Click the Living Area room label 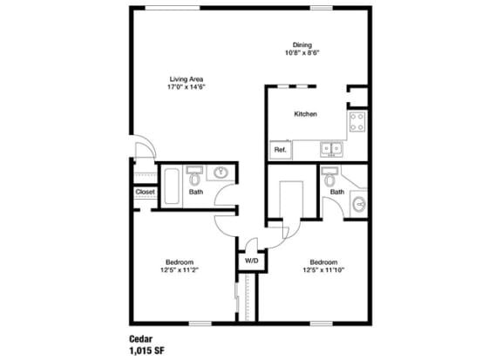(x=187, y=79)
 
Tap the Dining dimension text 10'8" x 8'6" (x=302, y=53)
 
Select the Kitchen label (x=305, y=114)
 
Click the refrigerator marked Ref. (x=281, y=150)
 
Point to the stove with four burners (x=357, y=121)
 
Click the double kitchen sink (x=331, y=149)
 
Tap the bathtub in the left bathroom (x=172, y=186)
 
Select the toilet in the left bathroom (x=194, y=176)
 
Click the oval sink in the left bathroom (x=220, y=173)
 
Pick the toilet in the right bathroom (x=329, y=177)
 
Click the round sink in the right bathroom (x=359, y=204)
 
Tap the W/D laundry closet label (x=252, y=261)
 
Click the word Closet (x=145, y=192)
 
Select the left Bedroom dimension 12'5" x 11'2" (x=180, y=270)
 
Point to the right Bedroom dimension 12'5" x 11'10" (x=323, y=270)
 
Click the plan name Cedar (x=141, y=339)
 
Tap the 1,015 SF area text (x=147, y=350)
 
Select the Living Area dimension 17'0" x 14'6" (x=187, y=87)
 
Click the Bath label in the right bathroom (x=337, y=192)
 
